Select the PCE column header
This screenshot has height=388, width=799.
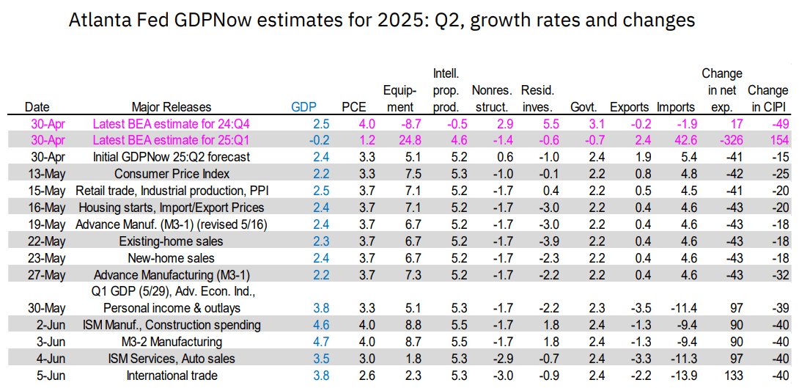coord(353,106)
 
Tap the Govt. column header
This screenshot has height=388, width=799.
coord(583,106)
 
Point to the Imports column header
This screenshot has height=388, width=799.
coord(676,106)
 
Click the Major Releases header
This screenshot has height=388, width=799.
coord(172,106)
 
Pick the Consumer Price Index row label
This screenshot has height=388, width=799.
coord(172,174)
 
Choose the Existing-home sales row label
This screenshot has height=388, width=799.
coord(172,241)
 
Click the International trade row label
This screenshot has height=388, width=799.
coord(172,376)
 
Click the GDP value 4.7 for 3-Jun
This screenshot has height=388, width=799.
coord(301,342)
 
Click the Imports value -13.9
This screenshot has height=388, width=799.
coord(676,376)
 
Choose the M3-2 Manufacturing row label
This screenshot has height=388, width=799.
coord(172,342)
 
